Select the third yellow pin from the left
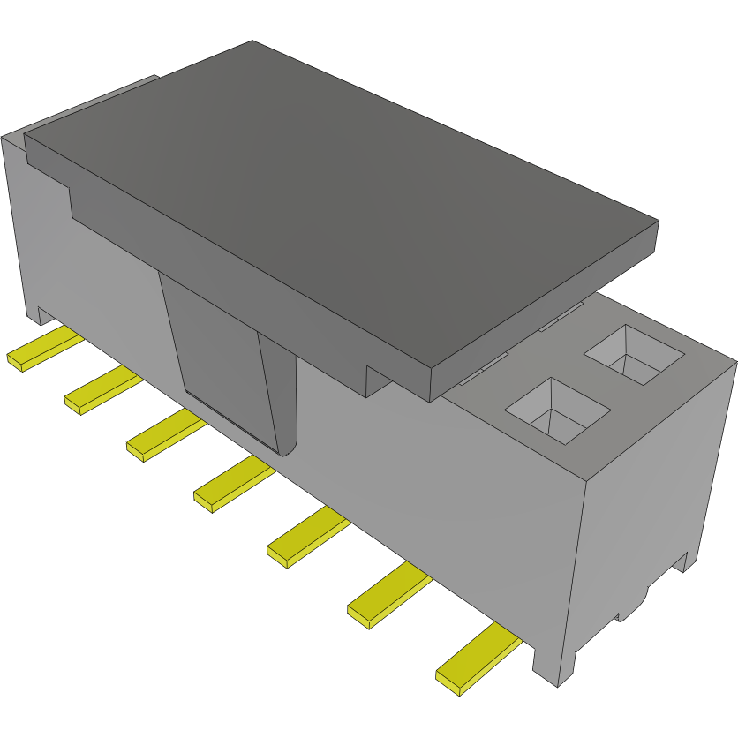(164, 436)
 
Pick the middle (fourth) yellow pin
(232, 485)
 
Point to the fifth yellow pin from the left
(306, 537)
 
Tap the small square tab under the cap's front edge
(379, 381)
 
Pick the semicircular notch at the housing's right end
(634, 607)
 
